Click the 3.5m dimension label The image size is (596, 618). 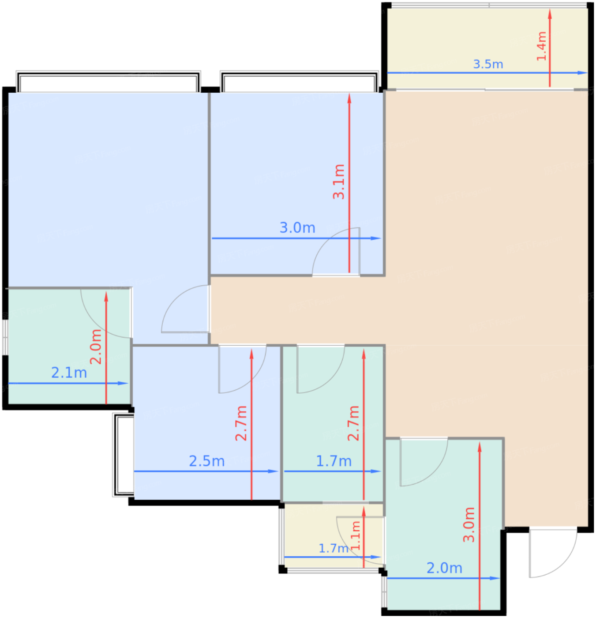(x=488, y=64)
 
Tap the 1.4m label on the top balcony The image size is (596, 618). (x=541, y=46)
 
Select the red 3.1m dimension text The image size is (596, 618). (x=339, y=182)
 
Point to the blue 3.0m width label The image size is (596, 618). (x=297, y=228)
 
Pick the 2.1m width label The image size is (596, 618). (x=69, y=373)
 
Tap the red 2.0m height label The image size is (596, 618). (x=96, y=347)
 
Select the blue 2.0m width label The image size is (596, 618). (x=444, y=568)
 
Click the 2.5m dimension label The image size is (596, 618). (x=206, y=461)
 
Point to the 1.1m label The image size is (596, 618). (x=355, y=535)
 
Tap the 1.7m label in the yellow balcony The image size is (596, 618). (x=333, y=548)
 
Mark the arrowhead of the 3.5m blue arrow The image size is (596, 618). (x=583, y=73)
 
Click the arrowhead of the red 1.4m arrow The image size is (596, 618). (x=550, y=14)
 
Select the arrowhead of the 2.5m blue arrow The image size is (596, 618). (x=274, y=471)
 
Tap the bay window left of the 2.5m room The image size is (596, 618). (x=123, y=455)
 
